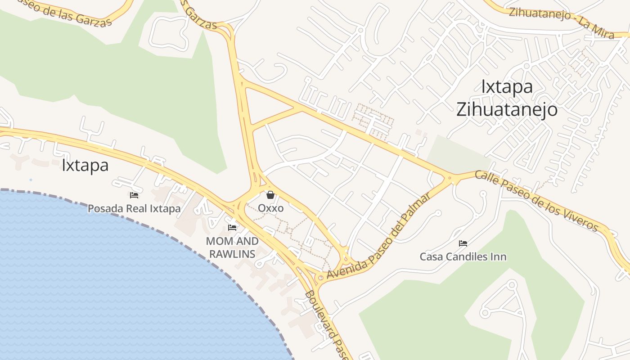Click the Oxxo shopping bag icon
(x=270, y=195)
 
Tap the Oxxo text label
(x=270, y=208)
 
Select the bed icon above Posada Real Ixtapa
(x=134, y=195)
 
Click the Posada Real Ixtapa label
(x=134, y=209)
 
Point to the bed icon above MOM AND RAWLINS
(x=232, y=228)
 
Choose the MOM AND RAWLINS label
(x=232, y=247)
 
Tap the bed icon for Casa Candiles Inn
(x=463, y=243)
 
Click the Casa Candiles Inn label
(x=463, y=257)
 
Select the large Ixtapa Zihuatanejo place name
(x=507, y=98)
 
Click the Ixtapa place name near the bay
(x=85, y=165)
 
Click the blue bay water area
(x=112, y=279)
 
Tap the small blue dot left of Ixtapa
(x=31, y=180)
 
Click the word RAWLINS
(x=232, y=254)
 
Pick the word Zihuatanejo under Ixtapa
(x=507, y=109)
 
